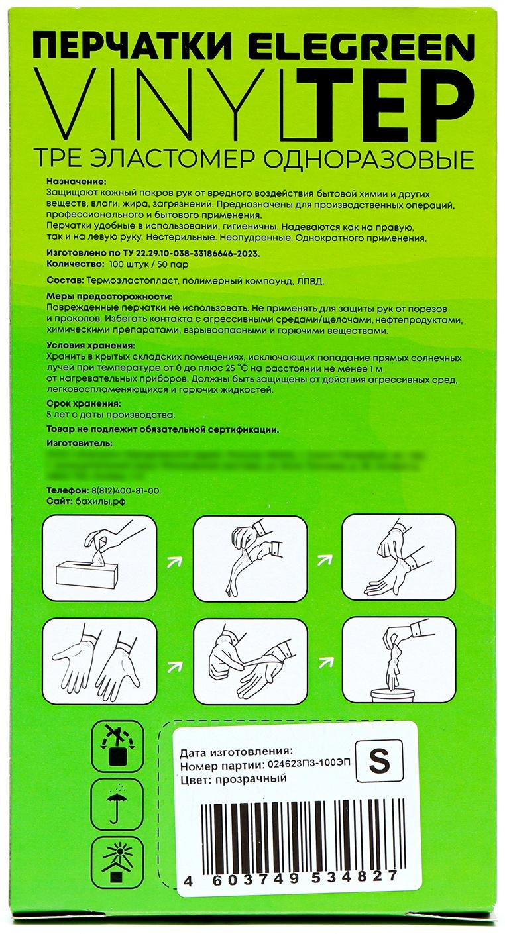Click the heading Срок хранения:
(x=84, y=403)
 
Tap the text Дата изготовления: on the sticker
(x=235, y=752)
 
